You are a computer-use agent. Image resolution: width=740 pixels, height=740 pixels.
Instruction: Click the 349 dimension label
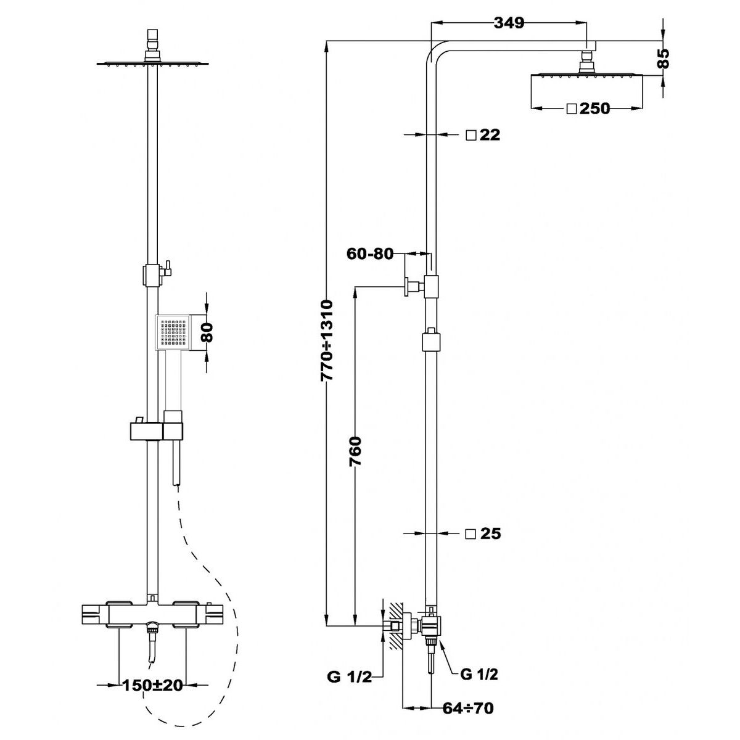click(509, 23)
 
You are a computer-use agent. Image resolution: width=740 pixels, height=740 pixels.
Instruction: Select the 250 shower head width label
click(595, 109)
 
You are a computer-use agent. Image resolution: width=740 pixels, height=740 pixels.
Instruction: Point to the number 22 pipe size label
click(490, 135)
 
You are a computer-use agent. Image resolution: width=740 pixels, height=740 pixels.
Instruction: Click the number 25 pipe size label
click(490, 533)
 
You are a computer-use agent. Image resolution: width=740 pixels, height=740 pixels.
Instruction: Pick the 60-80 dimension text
click(370, 253)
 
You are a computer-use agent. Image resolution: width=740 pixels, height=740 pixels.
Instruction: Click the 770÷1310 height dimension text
click(327, 340)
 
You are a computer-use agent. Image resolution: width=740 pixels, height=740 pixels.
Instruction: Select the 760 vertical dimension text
click(356, 451)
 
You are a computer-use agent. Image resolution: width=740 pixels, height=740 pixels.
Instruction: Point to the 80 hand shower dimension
click(207, 332)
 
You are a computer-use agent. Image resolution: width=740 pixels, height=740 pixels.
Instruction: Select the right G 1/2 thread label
click(479, 674)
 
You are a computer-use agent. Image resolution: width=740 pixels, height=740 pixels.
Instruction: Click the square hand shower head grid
click(173, 332)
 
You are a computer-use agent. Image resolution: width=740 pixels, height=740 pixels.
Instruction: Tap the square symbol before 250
click(572, 109)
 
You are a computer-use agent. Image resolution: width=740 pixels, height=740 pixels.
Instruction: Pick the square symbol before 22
click(471, 135)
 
